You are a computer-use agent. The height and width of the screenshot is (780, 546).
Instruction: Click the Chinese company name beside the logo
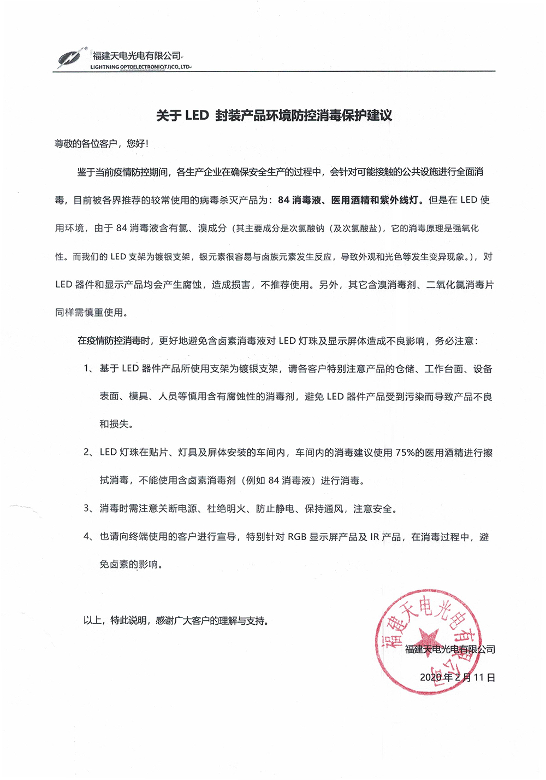pyautogui.click(x=136, y=56)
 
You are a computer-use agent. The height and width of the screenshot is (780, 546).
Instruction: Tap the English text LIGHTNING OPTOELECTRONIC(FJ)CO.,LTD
pyautogui.click(x=140, y=67)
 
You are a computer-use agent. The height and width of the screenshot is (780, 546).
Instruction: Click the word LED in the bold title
pyautogui.click(x=197, y=115)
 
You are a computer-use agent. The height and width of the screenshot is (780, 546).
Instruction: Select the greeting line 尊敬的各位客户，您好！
pyautogui.click(x=102, y=144)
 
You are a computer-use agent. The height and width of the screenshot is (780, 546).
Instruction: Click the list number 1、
pyautogui.click(x=88, y=368)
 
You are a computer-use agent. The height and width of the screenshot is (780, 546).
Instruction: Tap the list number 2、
pyautogui.click(x=88, y=452)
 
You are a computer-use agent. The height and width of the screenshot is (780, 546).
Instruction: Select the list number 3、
pyautogui.click(x=88, y=508)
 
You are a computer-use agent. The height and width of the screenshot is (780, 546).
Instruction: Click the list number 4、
pyautogui.click(x=88, y=536)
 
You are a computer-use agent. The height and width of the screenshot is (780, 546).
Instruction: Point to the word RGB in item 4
pyautogui.click(x=297, y=537)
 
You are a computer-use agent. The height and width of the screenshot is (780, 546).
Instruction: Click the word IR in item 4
pyautogui.click(x=375, y=537)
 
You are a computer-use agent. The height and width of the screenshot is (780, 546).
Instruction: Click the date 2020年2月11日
pyautogui.click(x=457, y=677)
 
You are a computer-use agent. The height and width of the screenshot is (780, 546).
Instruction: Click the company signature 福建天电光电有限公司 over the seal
pyautogui.click(x=450, y=649)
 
